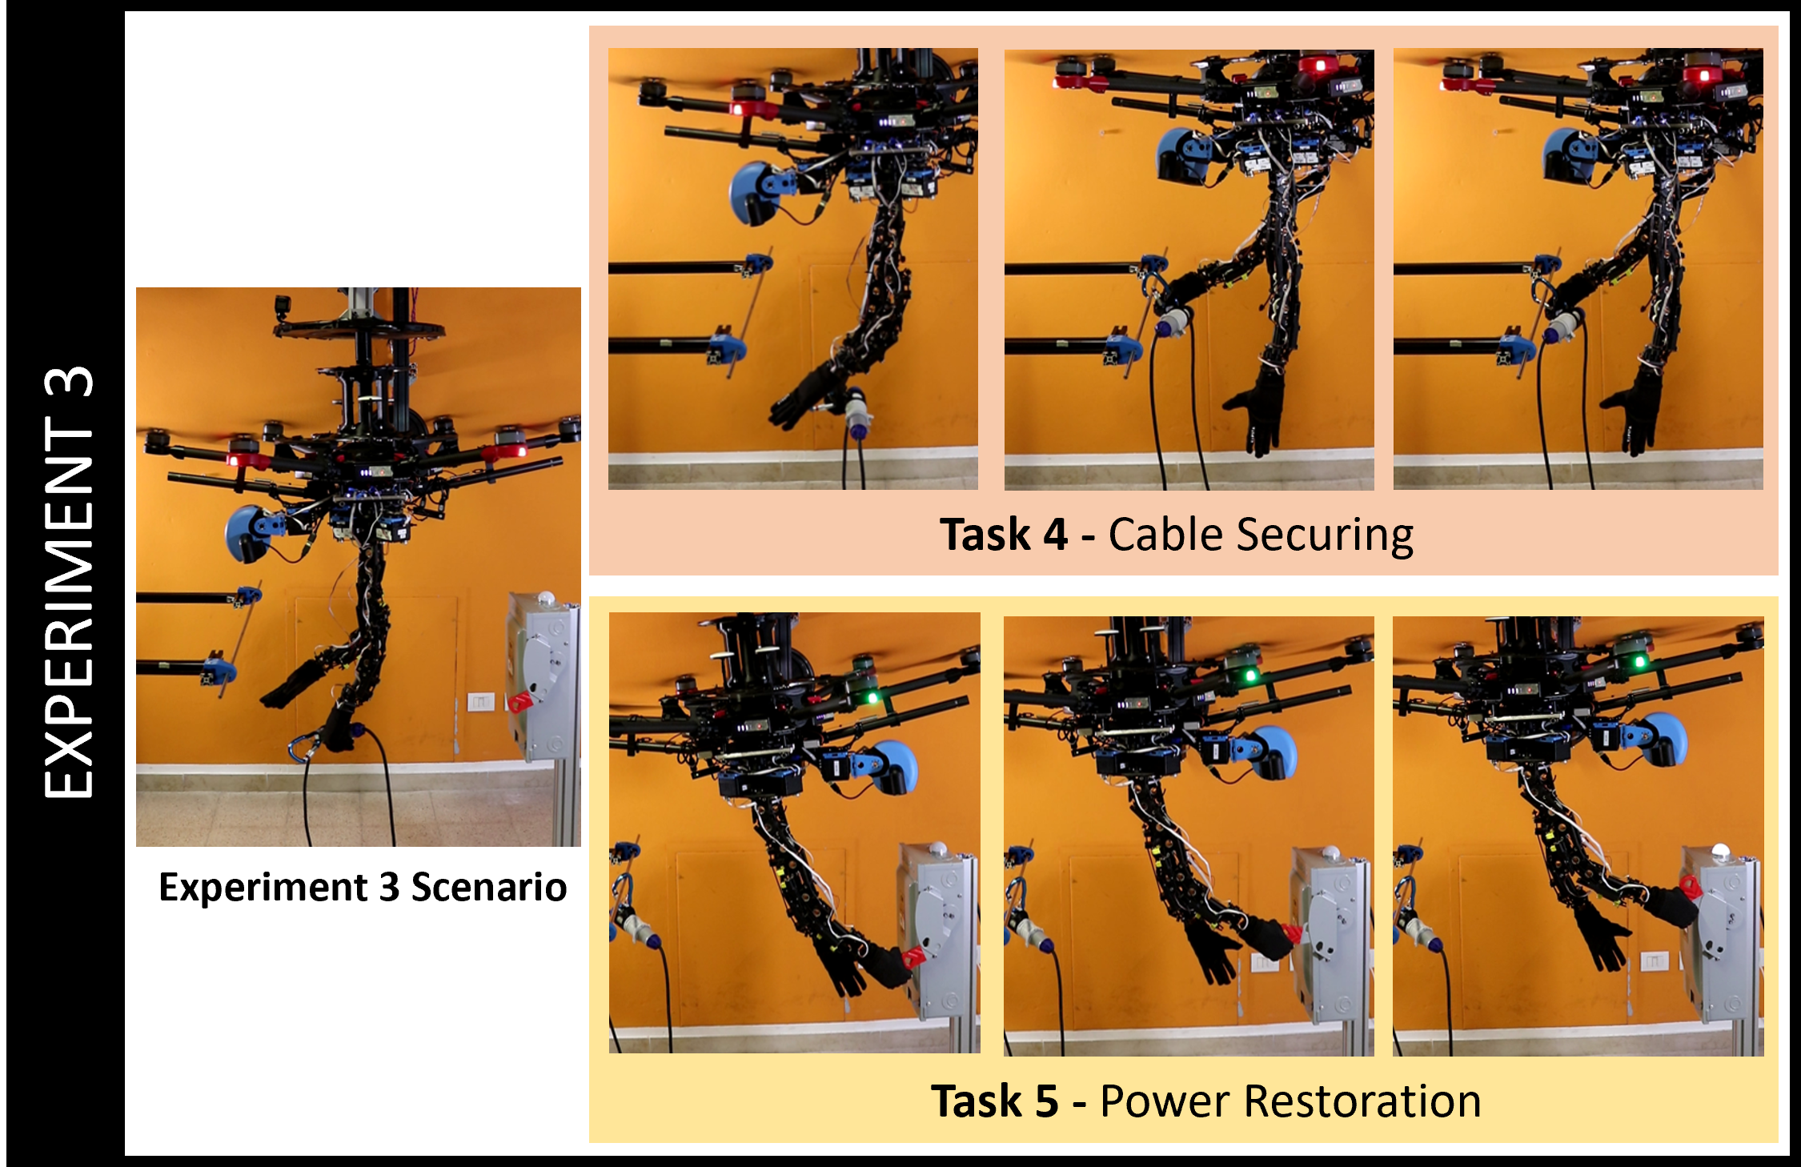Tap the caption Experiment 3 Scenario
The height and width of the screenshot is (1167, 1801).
tap(363, 888)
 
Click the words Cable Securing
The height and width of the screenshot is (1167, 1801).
tap(1261, 535)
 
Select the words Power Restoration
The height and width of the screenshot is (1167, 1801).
tap(1290, 1101)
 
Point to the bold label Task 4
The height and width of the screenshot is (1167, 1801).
tap(1004, 535)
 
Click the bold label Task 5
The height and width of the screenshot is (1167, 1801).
tap(995, 1101)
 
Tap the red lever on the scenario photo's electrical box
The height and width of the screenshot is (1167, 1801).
tap(521, 701)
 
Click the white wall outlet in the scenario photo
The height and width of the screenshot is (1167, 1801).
tap(480, 702)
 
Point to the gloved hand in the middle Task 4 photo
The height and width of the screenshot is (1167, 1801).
tap(1257, 411)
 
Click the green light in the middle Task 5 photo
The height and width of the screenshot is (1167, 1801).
tap(1250, 676)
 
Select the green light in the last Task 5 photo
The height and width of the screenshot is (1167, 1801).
tap(1639, 662)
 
